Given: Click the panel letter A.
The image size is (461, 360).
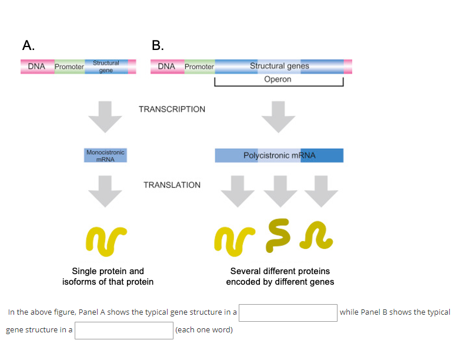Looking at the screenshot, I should coord(28,45).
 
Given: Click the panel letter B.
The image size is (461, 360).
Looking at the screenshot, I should coord(158,45).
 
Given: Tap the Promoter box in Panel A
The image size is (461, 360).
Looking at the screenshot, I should coord(69,66).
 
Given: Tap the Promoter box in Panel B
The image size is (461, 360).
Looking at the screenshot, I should coord(199,66).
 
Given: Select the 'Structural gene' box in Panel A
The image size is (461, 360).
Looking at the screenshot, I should coord(106,66).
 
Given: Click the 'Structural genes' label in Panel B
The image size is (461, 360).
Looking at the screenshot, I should coord(279,66).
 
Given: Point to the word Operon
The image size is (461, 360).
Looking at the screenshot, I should coord(278,79).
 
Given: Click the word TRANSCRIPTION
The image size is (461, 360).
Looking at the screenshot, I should coord(172,109).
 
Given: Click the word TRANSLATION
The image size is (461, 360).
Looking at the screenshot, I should coord(172,185).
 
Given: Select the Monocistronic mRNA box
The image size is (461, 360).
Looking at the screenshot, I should coord(105,155).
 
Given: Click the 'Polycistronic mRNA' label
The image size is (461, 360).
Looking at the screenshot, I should coord(279,155).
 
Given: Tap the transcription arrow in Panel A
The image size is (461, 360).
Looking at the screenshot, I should coord(105,116).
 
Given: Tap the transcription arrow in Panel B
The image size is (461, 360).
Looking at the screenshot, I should coord(278,116).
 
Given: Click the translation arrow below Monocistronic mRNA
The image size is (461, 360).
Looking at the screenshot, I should coord(105,191).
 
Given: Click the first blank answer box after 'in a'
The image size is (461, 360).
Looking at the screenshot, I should coord(288,312).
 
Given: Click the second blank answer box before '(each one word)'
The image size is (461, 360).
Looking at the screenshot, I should coord(123,330).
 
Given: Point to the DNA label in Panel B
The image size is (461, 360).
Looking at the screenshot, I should coord(166,66).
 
